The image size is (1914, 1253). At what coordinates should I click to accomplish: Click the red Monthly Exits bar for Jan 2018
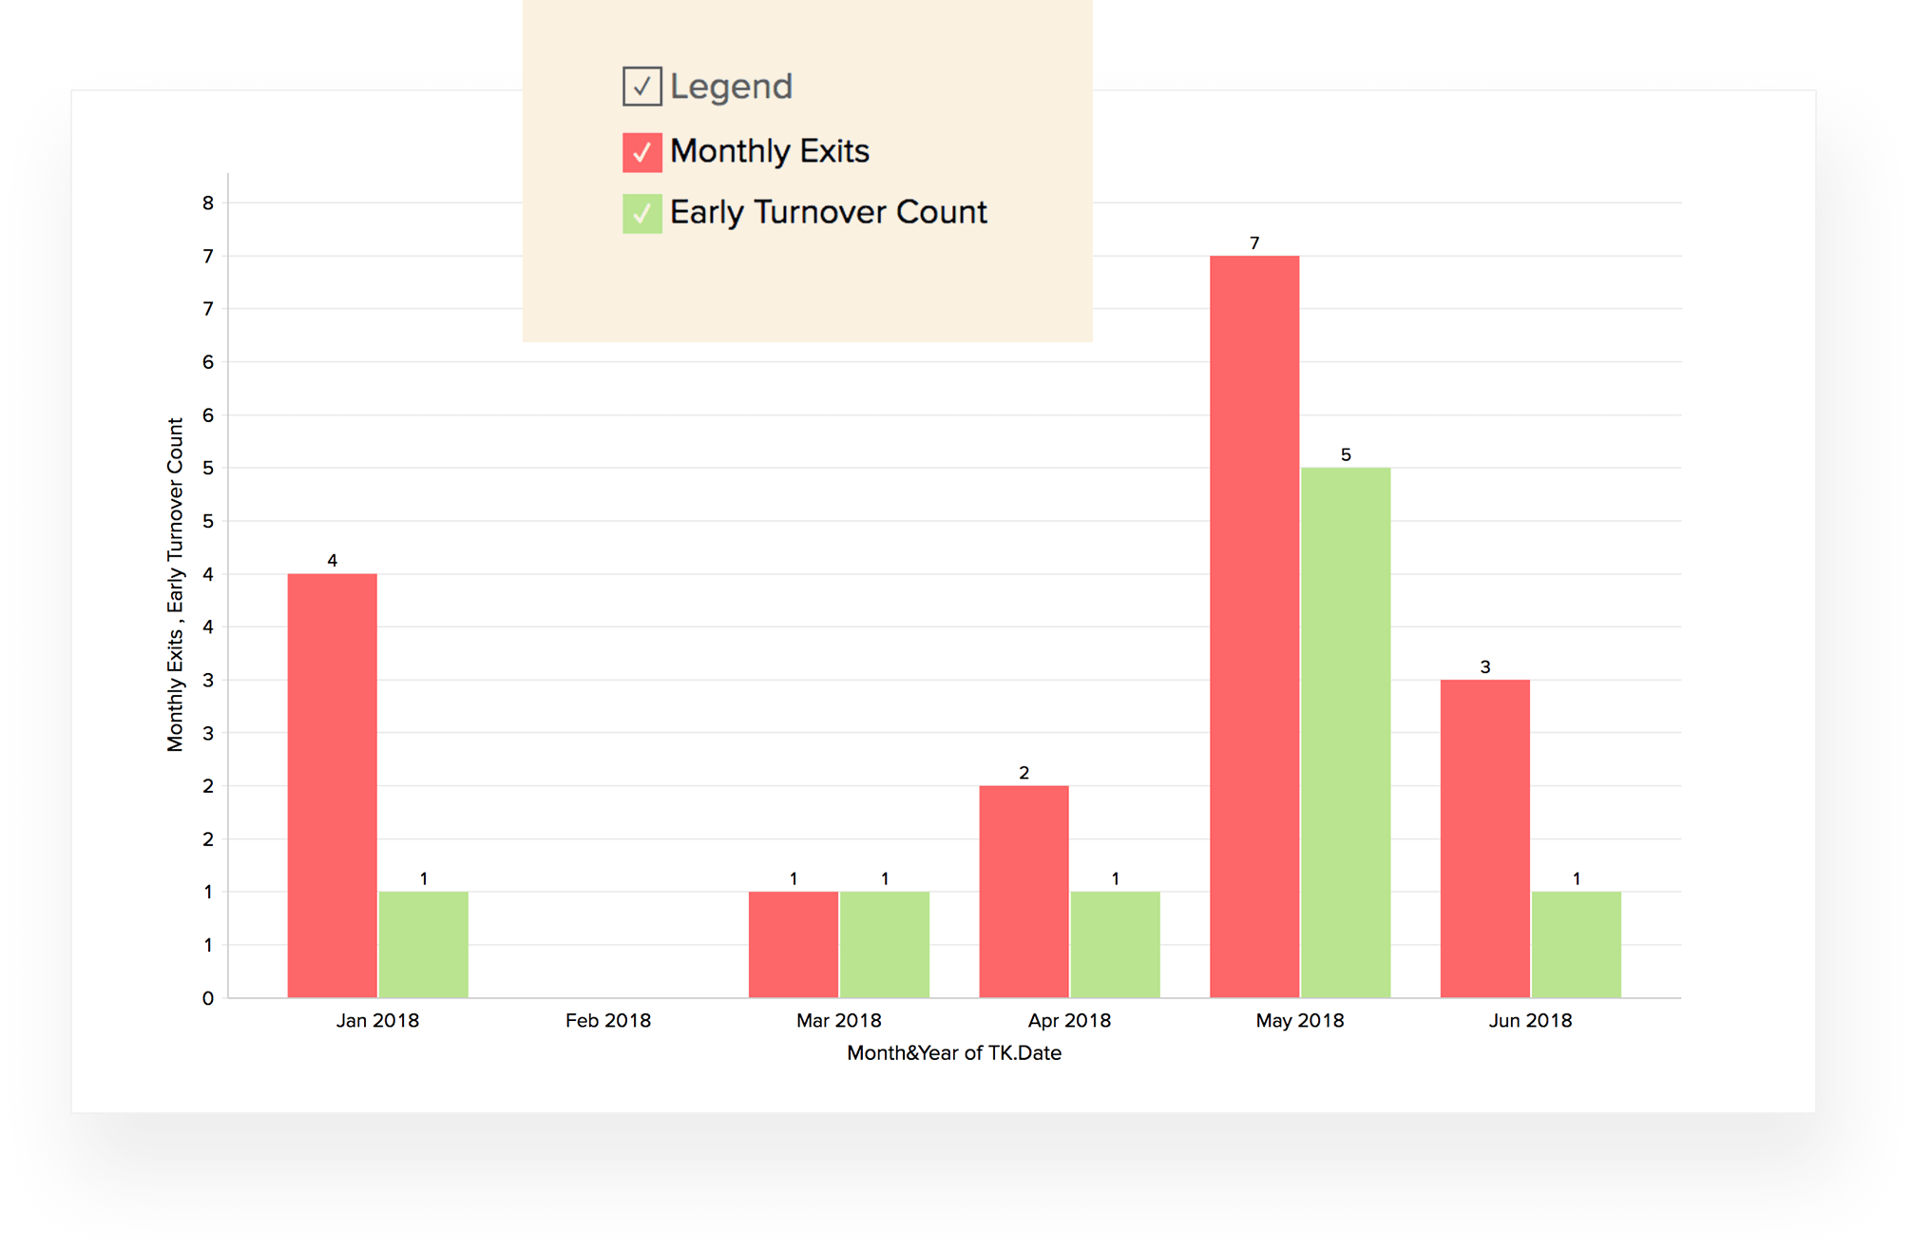click(332, 785)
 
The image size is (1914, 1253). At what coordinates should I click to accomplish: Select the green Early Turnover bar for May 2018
click(1345, 732)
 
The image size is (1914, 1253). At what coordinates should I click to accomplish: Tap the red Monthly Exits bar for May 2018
click(1254, 626)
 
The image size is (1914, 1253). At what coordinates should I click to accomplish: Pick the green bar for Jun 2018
click(1576, 944)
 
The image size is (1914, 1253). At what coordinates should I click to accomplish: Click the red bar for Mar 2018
click(793, 944)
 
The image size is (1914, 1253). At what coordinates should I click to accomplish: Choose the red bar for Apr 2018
click(1024, 891)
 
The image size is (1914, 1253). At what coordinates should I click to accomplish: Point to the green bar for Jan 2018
click(423, 944)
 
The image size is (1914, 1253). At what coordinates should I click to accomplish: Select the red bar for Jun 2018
click(1484, 839)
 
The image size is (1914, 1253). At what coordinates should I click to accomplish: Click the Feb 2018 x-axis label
click(608, 1020)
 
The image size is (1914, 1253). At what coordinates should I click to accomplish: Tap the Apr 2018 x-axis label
click(1069, 1020)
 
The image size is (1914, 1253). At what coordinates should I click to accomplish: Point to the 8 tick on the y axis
click(208, 202)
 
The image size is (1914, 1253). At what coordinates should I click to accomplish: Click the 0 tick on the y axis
click(208, 998)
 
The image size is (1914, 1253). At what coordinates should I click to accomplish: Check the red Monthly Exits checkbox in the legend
click(641, 152)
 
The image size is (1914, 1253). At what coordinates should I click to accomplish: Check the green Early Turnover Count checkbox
click(641, 213)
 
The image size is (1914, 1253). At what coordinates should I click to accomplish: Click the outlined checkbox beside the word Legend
click(641, 87)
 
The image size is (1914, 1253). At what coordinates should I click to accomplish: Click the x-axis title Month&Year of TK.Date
click(953, 1052)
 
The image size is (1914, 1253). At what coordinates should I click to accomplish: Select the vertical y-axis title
click(175, 585)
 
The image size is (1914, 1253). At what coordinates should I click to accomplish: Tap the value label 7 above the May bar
click(1254, 243)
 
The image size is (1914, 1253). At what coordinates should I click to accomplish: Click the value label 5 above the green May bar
click(1345, 454)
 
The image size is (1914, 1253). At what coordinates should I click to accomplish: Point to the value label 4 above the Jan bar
click(332, 560)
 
